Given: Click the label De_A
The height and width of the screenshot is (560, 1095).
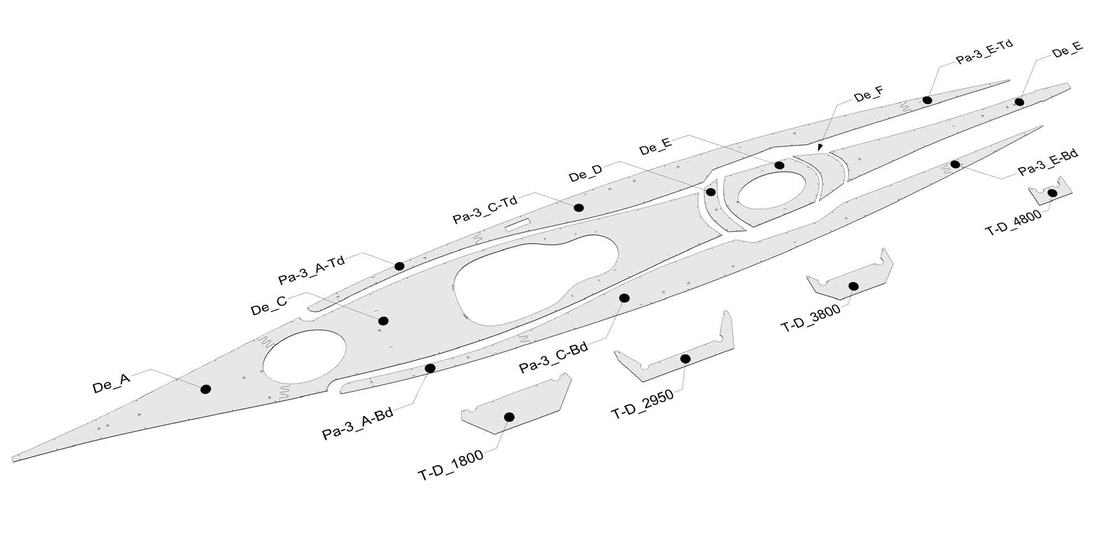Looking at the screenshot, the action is tap(112, 384).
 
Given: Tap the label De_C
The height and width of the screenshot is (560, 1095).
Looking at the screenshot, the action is tap(269, 306).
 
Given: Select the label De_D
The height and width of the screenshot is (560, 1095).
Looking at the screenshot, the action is tap(586, 174).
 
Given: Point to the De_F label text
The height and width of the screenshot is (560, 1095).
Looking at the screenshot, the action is tap(868, 95).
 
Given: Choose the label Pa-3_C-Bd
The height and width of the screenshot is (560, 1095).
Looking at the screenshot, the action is tap(554, 357).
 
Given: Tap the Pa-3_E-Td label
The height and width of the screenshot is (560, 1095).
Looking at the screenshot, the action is tap(984, 51).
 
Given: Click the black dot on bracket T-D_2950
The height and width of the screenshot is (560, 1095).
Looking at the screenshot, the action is tap(685, 359).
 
